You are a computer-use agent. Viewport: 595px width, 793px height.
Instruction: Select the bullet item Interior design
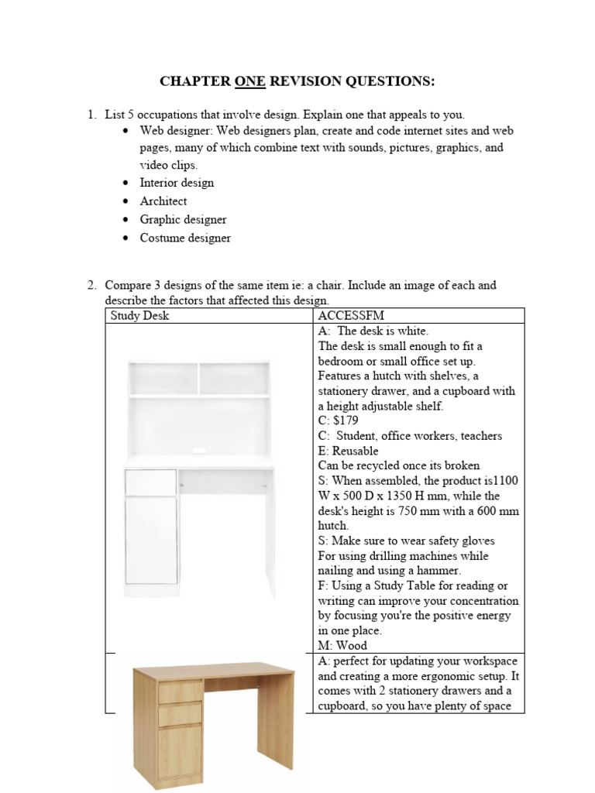(177, 183)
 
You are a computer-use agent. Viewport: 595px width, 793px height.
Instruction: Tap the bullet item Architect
(163, 201)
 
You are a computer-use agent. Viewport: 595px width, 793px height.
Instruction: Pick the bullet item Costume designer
(185, 239)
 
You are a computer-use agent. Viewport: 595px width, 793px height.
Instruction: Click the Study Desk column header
(139, 316)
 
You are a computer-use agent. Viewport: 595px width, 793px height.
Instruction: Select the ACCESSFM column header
(349, 316)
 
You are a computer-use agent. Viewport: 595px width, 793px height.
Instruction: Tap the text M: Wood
(342, 645)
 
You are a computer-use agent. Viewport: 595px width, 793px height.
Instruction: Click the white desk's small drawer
(152, 482)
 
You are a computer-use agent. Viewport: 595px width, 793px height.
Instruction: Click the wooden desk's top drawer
(180, 692)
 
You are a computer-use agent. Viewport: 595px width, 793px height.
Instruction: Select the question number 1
(91, 115)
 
